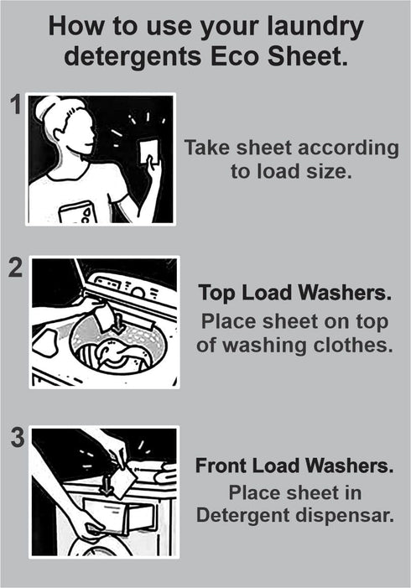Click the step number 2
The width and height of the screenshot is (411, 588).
(15, 270)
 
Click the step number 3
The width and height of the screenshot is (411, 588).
(15, 440)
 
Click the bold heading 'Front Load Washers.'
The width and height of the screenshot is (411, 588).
(294, 465)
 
